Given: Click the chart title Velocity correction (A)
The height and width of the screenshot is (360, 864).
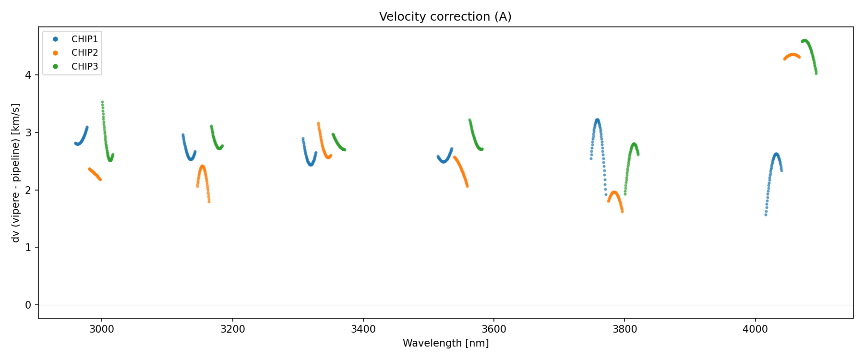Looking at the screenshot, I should click(445, 17).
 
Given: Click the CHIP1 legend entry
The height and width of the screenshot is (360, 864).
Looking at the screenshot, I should click(84, 39).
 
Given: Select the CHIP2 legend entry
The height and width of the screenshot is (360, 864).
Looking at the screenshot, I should click(84, 53).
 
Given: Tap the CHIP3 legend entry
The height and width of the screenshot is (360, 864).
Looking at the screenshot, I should click(84, 67).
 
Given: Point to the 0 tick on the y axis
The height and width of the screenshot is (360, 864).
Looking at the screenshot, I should click(28, 305).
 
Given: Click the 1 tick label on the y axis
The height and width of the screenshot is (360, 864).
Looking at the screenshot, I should click(28, 248).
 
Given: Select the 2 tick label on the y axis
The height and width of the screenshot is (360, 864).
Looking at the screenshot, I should click(28, 190).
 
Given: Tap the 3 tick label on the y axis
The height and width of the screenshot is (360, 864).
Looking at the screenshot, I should click(28, 132).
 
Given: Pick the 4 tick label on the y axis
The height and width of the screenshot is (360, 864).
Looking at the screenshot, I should click(28, 75).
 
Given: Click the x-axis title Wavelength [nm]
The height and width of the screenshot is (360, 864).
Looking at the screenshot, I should click(445, 343).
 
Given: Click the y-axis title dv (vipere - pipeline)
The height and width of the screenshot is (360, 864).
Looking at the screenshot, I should click(16, 173).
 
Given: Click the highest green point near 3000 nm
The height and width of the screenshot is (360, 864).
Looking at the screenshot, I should click(102, 102).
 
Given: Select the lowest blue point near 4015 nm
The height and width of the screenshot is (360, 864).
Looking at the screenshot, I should click(766, 215).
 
